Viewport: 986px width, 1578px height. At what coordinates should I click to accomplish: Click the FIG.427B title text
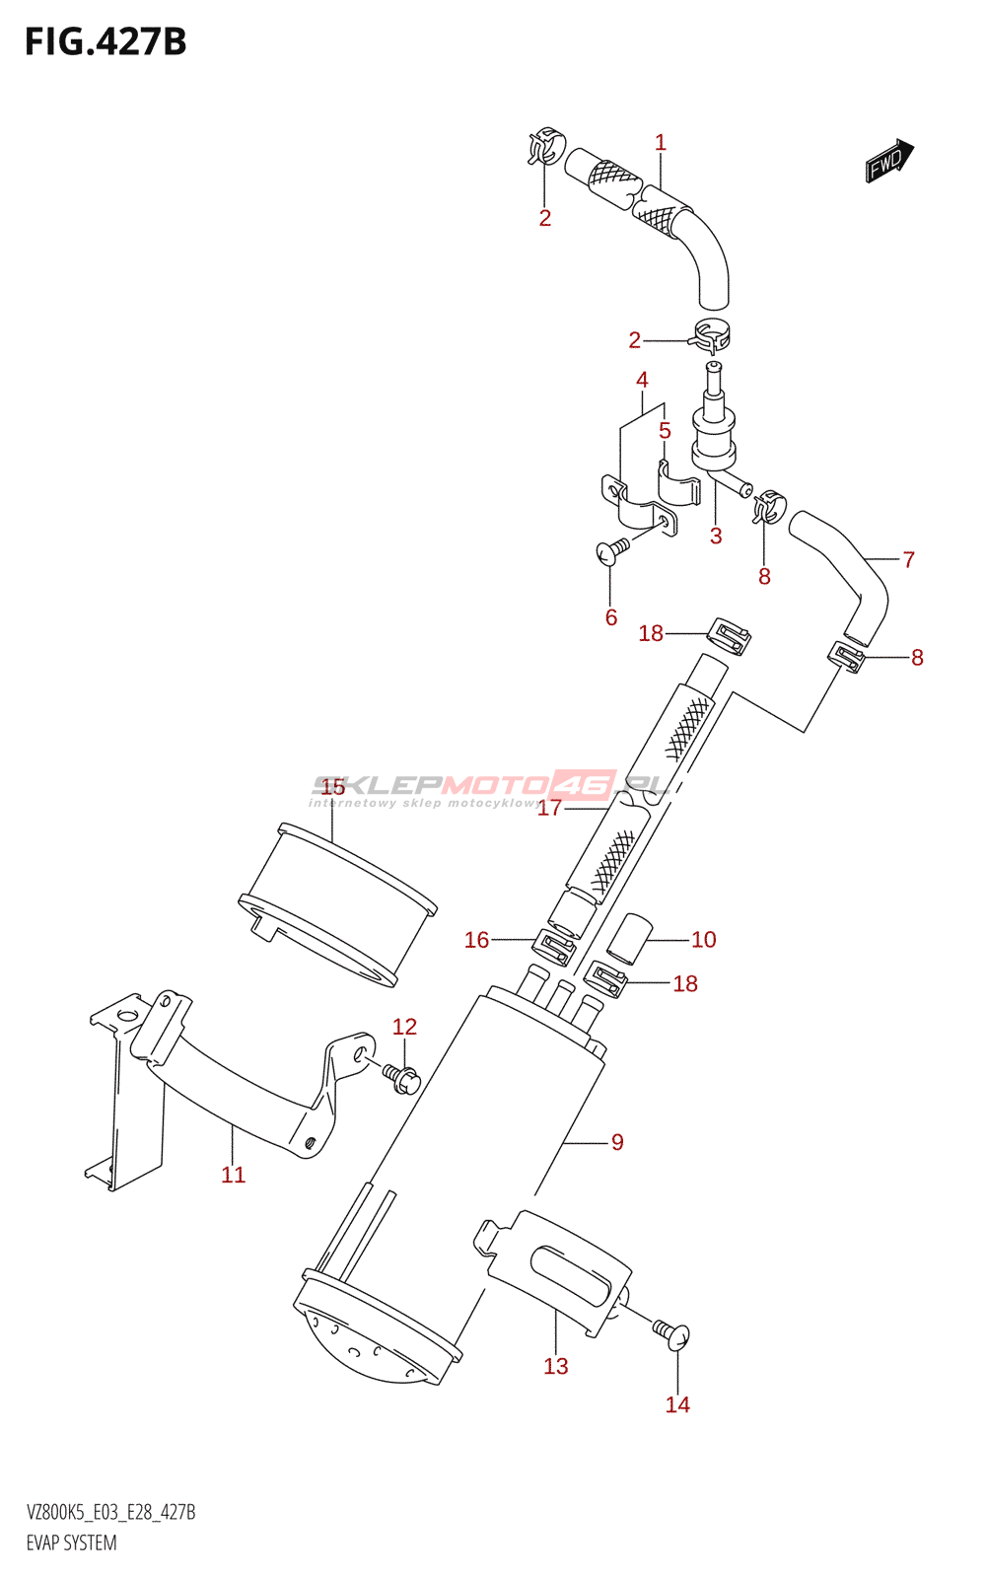point(106,42)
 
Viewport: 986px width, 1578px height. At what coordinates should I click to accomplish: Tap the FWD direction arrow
point(889,160)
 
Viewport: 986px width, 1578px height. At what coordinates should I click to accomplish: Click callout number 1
point(661,143)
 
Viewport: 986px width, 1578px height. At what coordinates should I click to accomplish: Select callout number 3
point(716,537)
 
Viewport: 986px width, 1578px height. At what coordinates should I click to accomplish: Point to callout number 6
point(611,617)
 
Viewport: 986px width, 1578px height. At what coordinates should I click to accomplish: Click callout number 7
point(909,560)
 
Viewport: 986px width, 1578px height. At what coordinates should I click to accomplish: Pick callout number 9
point(617,1142)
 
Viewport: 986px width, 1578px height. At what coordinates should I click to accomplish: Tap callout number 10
point(703,940)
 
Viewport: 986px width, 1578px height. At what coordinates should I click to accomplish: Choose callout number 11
point(233,1175)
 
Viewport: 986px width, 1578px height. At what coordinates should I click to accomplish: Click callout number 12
point(404,1028)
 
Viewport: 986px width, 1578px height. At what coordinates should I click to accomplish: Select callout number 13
point(556,1366)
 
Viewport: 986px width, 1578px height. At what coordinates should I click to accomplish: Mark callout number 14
point(677,1404)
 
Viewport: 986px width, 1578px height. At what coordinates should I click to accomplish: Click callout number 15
point(333,787)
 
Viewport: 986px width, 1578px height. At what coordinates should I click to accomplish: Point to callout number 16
point(476,940)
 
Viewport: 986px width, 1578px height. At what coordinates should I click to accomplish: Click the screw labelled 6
point(612,548)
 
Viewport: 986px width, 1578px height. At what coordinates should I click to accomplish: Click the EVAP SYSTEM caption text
point(71,1543)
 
